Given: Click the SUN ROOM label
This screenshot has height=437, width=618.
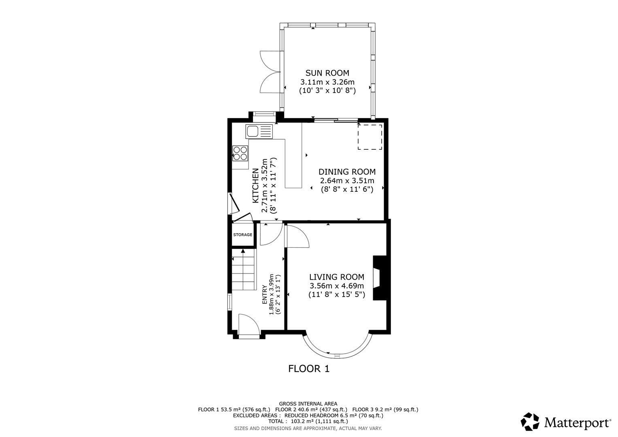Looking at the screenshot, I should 327,73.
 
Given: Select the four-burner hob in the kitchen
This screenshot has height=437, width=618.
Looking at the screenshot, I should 240,153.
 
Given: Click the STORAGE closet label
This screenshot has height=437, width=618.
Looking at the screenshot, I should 242,235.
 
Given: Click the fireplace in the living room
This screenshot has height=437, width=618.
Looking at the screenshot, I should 380,278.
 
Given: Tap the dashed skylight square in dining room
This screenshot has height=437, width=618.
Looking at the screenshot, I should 370,137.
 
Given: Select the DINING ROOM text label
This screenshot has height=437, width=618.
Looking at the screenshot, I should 347,172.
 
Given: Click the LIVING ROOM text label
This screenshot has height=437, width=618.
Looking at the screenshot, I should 336,277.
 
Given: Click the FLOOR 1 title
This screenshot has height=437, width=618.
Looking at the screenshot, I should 309,369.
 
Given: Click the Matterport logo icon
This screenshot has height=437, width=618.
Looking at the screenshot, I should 530,422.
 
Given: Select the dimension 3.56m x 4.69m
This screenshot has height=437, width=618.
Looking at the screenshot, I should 336,286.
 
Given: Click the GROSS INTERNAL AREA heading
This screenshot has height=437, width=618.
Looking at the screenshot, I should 308,403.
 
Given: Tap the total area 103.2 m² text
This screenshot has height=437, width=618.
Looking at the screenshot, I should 308,421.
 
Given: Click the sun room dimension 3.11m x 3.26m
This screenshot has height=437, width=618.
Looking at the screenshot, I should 327,82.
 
